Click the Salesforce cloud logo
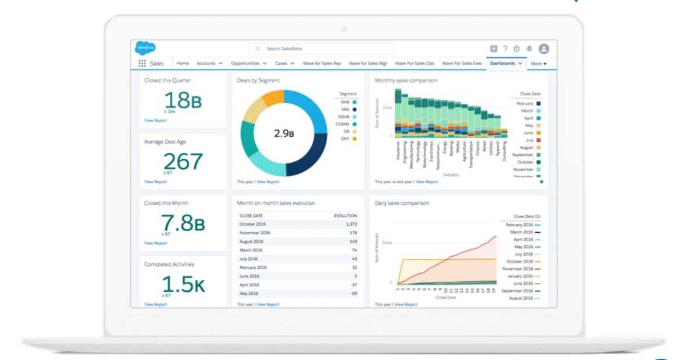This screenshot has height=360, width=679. click(x=145, y=48)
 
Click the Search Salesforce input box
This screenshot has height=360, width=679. click(x=321, y=49)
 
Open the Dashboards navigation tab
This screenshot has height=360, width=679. click(x=503, y=63)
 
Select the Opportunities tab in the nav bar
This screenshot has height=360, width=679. click(x=245, y=63)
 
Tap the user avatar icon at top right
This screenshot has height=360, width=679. click(x=544, y=49)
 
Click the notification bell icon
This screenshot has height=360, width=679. click(x=529, y=49)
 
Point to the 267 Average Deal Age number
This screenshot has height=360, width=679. click(x=183, y=162)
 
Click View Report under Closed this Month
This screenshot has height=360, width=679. click(x=155, y=243)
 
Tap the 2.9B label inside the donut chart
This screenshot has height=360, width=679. click(x=284, y=133)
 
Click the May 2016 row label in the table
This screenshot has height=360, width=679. click(x=249, y=293)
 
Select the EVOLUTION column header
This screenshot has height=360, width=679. click(x=345, y=215)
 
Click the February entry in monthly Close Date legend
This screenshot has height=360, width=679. click(x=525, y=103)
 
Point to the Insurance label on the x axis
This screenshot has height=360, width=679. click(x=398, y=151)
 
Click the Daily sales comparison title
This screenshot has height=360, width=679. click(x=402, y=203)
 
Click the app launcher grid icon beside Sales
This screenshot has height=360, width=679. click(x=142, y=63)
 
